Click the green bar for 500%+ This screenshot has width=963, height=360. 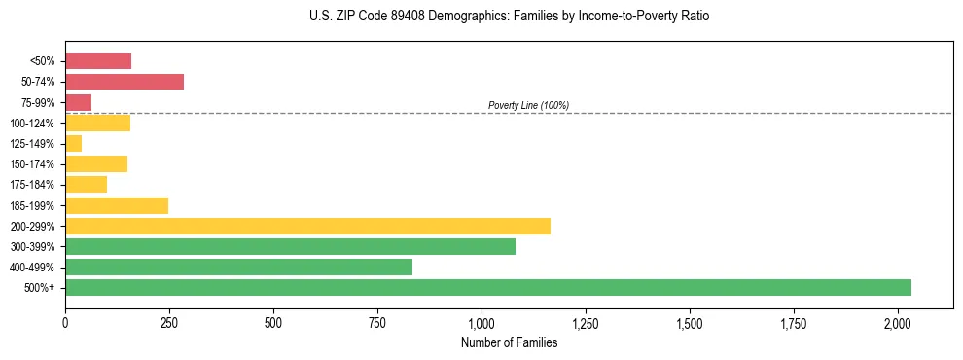[487, 287]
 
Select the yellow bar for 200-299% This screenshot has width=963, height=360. [307, 226]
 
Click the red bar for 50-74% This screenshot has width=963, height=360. [125, 82]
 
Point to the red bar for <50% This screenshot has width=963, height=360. [98, 61]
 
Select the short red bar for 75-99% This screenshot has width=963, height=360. [78, 102]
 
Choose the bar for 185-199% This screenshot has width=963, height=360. [117, 205]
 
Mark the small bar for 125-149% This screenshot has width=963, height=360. [74, 144]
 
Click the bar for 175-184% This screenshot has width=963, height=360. [86, 185]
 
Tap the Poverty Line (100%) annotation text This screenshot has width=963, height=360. [528, 105]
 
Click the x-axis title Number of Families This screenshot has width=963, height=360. [509, 342]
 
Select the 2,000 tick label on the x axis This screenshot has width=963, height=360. [898, 321]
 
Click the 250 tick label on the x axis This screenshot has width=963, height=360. [169, 321]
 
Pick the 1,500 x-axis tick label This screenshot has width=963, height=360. [690, 321]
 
